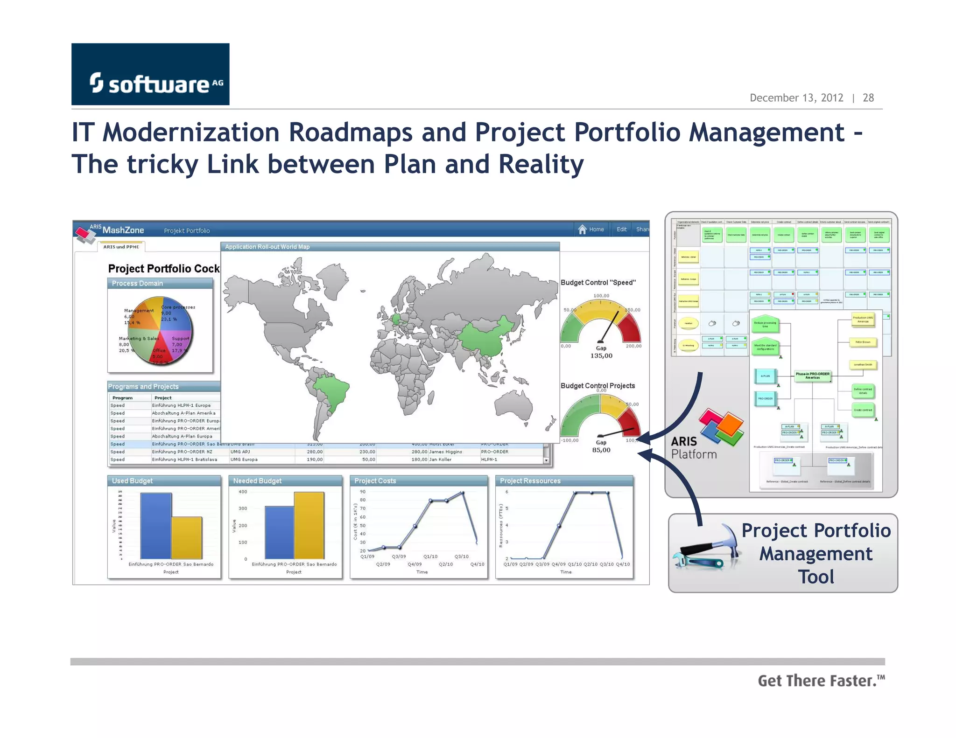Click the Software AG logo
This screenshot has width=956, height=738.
coord(150,75)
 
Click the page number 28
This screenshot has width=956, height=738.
coord(868,98)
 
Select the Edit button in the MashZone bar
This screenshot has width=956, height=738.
coord(621,230)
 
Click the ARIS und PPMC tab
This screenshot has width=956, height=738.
coord(121,247)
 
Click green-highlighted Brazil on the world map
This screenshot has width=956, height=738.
coord(332,390)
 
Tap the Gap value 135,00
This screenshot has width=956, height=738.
coord(601,356)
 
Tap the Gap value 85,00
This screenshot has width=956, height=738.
coord(601,450)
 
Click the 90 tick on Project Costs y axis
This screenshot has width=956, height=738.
coord(363,492)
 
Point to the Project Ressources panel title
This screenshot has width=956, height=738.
coord(530,481)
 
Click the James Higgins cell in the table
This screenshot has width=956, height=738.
coord(445,452)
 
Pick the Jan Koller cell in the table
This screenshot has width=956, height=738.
coord(440,460)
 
